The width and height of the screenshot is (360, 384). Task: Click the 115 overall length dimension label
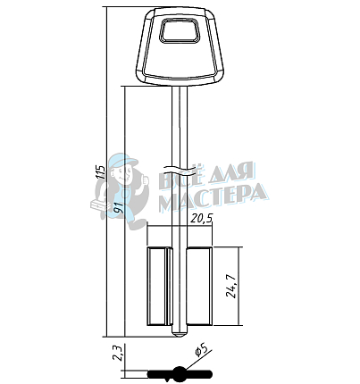coord(102,171)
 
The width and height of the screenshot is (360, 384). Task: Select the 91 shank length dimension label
coord(119,206)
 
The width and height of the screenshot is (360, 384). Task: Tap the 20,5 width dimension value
coord(202,219)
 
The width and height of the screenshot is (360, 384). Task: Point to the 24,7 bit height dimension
coord(231,286)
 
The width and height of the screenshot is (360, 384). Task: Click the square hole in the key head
coord(180,30)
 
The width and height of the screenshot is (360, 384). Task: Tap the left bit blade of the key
coord(159,286)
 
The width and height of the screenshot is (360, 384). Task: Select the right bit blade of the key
coord(199,286)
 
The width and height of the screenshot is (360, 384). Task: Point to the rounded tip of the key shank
coord(180,334)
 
